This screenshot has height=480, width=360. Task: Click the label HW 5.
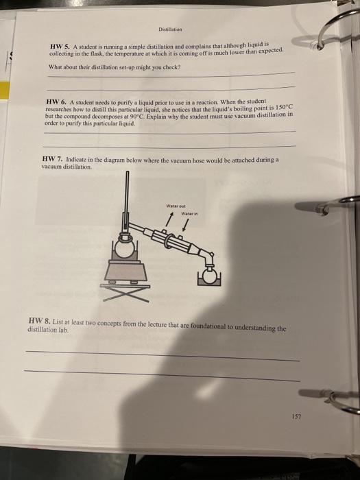coord(60,45)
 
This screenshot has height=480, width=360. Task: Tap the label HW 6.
coord(56,101)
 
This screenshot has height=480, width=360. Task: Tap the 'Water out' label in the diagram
coord(176,203)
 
